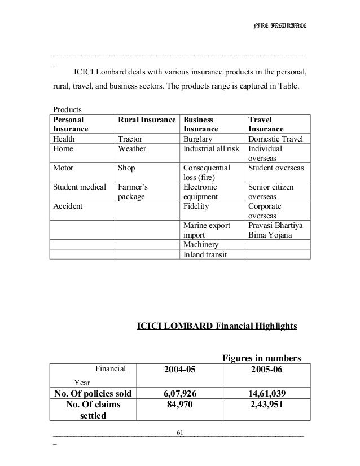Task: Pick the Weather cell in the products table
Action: click(132, 149)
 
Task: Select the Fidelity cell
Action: click(196, 206)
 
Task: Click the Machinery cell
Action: click(201, 244)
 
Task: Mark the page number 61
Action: click(180, 432)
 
